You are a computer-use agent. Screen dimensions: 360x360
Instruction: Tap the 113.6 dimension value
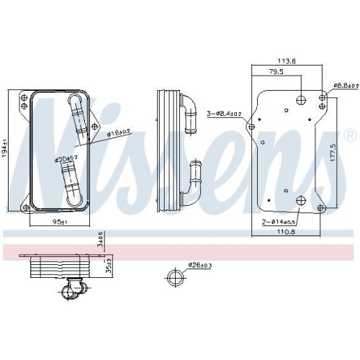click(288, 61)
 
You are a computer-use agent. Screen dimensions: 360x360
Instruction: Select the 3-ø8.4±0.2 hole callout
click(223, 113)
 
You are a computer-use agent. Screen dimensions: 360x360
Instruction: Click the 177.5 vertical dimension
click(333, 153)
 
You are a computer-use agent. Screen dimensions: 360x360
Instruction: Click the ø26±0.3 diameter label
click(199, 266)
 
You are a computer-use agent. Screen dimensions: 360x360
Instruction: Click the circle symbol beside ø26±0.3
click(174, 279)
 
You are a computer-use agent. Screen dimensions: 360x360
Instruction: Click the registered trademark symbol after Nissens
click(350, 135)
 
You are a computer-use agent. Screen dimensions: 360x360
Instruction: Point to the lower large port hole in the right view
click(300, 201)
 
